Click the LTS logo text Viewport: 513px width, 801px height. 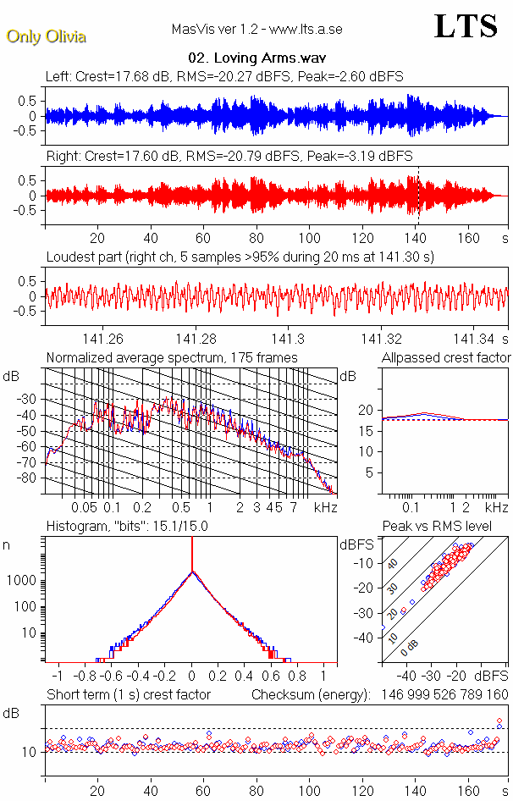(466, 27)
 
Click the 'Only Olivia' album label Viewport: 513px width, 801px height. (46, 36)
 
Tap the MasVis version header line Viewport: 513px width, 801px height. (256, 30)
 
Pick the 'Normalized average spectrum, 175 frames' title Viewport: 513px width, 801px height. (172, 358)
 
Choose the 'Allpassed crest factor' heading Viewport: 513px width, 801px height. (446, 358)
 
